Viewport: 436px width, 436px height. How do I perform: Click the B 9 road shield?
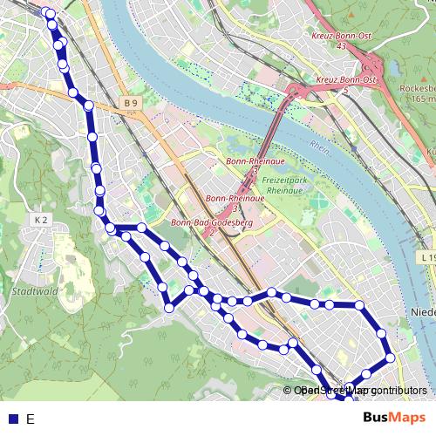(131, 104)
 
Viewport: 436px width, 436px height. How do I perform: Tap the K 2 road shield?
(41, 220)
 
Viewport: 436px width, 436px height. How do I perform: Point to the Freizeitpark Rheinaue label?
(282, 185)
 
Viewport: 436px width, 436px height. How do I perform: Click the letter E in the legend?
(30, 419)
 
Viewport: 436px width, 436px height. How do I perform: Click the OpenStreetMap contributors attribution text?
(359, 391)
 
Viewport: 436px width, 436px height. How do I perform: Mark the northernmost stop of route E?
(49, 13)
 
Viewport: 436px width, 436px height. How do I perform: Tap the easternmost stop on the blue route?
(390, 358)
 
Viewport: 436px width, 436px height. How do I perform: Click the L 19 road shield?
(426, 258)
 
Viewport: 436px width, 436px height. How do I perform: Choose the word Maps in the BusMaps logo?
(405, 418)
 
